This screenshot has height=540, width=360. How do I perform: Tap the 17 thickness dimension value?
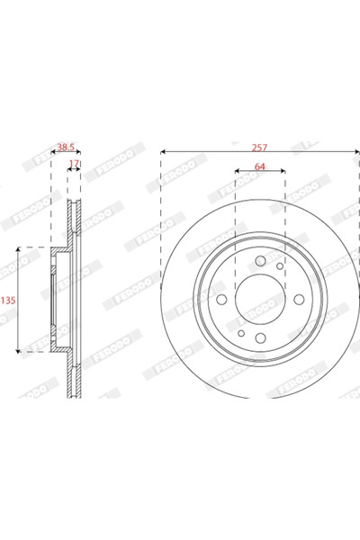tap(75, 163)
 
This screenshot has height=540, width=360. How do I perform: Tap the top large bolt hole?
tap(260, 260)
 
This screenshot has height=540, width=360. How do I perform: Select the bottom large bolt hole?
tap(259, 338)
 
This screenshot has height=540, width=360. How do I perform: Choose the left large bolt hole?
tap(220, 300)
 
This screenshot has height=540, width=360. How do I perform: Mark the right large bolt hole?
tap(299, 300)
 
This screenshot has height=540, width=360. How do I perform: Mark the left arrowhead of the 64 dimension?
tap(237, 171)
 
